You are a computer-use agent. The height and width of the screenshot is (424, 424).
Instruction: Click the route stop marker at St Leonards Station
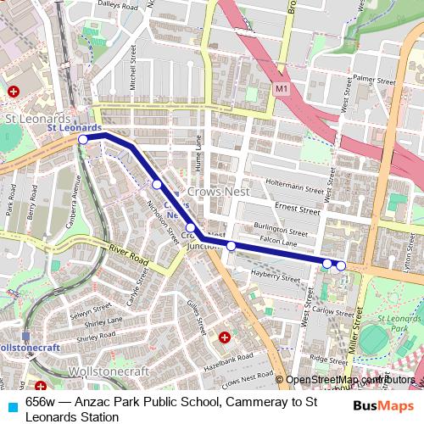[83, 139]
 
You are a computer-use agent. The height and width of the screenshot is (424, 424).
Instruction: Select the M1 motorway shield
[282, 88]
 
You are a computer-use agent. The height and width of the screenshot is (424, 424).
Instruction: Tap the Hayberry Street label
[275, 277]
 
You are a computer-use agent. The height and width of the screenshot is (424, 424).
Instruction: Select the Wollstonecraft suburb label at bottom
[112, 371]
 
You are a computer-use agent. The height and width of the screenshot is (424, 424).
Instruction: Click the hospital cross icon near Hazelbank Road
[225, 338]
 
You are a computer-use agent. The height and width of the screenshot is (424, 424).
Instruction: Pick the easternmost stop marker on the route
[341, 266]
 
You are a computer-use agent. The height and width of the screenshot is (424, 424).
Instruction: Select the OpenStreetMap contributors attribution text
[350, 380]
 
